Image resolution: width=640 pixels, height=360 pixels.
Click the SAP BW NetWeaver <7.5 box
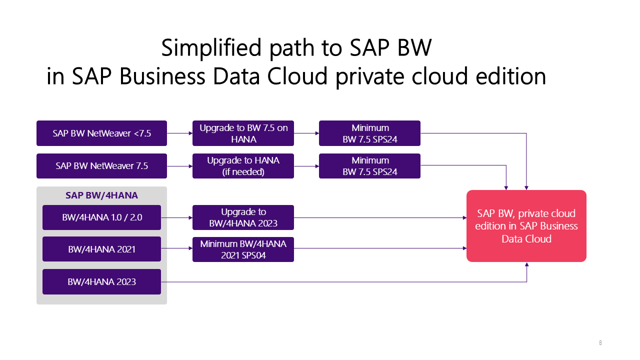(101, 133)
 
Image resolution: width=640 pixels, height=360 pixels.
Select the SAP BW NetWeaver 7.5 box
(101, 166)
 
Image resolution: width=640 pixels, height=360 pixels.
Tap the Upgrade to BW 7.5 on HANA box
(243, 133)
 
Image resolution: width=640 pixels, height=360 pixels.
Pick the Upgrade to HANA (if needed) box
(243, 166)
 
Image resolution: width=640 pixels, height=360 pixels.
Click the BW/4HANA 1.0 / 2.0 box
(101, 217)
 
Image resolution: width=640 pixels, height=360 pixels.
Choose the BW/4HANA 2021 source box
(101, 249)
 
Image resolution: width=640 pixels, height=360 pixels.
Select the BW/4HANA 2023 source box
(101, 281)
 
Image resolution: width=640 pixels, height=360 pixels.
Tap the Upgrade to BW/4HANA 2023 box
(243, 217)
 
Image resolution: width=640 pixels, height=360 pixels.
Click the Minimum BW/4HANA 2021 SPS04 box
(243, 249)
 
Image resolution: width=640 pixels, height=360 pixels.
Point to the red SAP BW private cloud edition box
(526, 226)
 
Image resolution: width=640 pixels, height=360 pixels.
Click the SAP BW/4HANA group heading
(101, 195)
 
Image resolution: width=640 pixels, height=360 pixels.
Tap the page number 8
(600, 342)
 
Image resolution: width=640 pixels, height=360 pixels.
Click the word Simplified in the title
(211, 48)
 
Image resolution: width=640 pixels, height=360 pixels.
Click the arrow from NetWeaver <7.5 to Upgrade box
(179, 133)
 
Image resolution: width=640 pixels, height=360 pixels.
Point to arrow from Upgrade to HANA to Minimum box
(306, 166)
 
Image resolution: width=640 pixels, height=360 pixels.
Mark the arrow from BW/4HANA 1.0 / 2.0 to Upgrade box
(177, 217)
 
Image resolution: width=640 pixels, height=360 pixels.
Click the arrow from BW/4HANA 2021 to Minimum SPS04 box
(177, 248)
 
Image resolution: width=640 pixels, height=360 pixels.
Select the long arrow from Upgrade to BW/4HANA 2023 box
(380, 217)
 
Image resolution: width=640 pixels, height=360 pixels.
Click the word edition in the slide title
(511, 76)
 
